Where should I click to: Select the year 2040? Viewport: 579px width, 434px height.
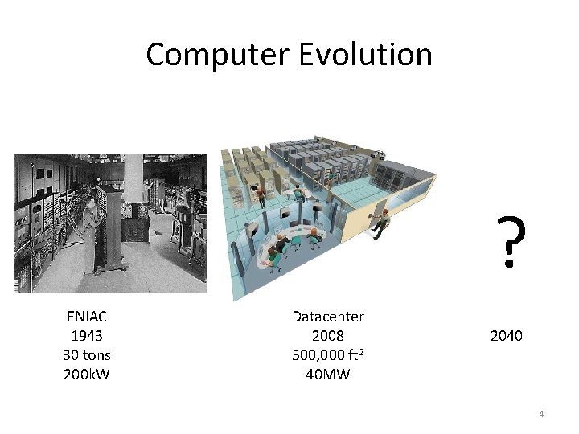[506, 335]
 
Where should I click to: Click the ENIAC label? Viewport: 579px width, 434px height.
[87, 317]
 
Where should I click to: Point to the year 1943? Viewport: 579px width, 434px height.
[87, 336]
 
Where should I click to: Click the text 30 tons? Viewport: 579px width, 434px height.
[87, 354]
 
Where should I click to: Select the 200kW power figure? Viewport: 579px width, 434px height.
[87, 373]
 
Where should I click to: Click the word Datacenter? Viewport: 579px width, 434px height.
[328, 317]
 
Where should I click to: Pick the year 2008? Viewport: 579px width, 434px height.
[328, 336]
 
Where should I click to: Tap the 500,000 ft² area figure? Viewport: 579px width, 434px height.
[328, 354]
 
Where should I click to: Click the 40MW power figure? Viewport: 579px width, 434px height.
[328, 373]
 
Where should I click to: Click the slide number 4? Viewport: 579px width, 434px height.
[541, 414]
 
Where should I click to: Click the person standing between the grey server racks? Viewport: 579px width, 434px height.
[329, 173]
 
